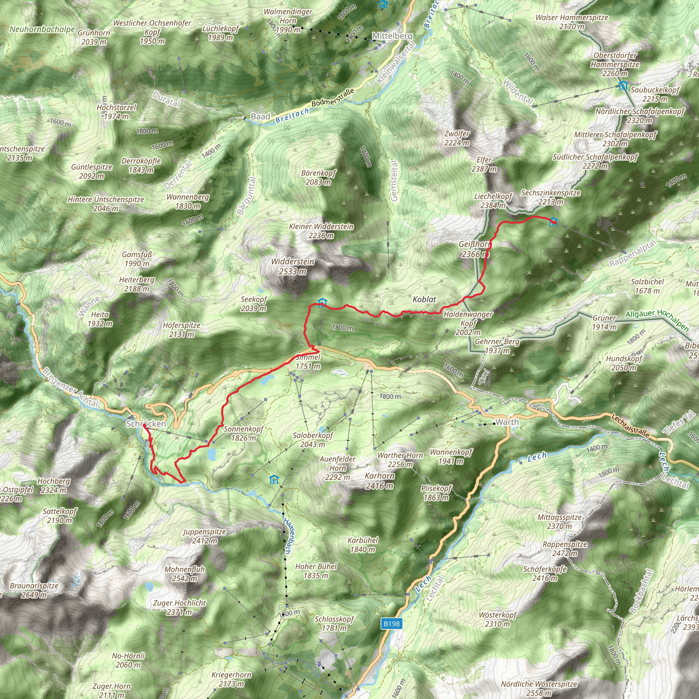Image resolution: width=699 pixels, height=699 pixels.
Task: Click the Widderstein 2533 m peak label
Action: (293, 266)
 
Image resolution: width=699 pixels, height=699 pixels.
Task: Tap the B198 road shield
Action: (391, 623)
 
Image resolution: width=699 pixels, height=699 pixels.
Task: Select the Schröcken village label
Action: (146, 424)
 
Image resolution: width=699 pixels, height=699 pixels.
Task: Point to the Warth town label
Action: (507, 422)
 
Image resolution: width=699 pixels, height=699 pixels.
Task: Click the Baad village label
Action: (260, 116)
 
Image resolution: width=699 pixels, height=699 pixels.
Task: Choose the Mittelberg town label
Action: (392, 36)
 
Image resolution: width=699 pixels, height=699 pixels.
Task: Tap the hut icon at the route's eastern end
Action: (553, 222)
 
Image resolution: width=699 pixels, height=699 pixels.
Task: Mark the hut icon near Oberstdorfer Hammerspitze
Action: (623, 85)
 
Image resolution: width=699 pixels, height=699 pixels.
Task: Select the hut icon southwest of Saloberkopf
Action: (274, 480)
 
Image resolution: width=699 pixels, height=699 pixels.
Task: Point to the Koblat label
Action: (424, 299)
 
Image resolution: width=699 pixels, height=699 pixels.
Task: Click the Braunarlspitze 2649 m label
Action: (34, 590)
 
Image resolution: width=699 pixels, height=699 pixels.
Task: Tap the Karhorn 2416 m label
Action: (379, 481)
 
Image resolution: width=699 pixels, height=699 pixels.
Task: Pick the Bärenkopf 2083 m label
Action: (318, 177)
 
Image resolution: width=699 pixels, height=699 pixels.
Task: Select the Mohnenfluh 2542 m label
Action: (185, 573)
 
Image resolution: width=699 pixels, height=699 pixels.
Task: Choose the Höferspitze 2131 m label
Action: (181, 330)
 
